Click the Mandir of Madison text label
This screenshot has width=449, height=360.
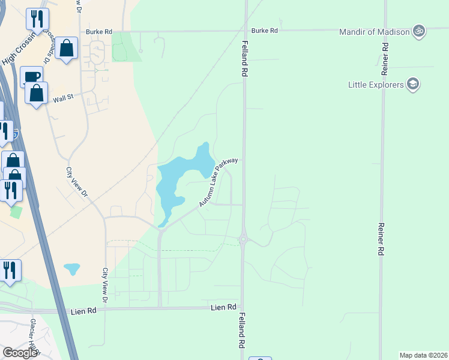(x=374, y=32)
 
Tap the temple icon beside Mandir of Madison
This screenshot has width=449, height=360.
(x=419, y=31)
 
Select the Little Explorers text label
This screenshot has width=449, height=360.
(x=376, y=85)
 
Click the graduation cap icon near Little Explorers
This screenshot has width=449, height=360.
(x=412, y=84)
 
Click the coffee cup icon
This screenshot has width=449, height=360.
(x=32, y=77)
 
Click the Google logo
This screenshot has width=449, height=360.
(x=20, y=353)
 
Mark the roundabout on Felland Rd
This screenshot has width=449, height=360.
(x=243, y=239)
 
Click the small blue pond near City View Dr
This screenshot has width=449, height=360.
(x=71, y=268)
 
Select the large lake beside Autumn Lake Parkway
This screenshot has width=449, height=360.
(x=180, y=177)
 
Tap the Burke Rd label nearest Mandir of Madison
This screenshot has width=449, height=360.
(x=265, y=30)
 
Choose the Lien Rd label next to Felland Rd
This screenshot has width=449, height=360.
(x=223, y=307)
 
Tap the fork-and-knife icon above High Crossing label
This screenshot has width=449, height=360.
(x=37, y=19)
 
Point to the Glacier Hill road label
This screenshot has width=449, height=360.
(x=35, y=333)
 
